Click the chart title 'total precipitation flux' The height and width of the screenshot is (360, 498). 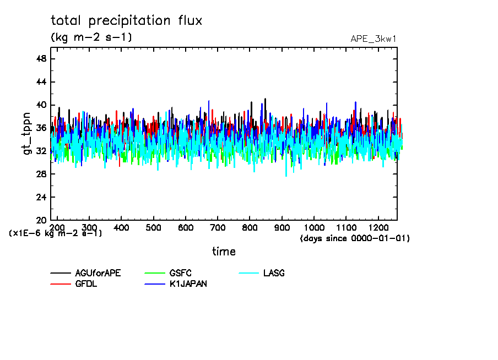tap(126, 21)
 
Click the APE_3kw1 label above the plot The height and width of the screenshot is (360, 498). tap(373, 39)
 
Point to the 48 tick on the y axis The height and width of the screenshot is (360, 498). tap(41, 59)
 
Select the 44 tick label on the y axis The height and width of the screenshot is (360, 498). tap(41, 82)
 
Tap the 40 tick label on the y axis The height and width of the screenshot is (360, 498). tap(41, 105)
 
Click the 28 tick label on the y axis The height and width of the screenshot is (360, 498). tap(41, 174)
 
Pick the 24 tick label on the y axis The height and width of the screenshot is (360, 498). tap(41, 197)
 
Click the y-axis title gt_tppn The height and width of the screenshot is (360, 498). tap(27, 134)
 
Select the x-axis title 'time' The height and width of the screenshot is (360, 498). tap(224, 252)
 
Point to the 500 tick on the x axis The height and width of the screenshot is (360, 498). tap(154, 227)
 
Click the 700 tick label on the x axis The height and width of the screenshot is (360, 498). tap(218, 227)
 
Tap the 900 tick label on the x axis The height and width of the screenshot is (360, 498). tap(282, 227)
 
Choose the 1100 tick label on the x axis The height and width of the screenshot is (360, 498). tap(346, 227)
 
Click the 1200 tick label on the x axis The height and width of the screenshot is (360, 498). tap(378, 227)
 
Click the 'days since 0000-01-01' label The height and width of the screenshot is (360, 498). tap(355, 238)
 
